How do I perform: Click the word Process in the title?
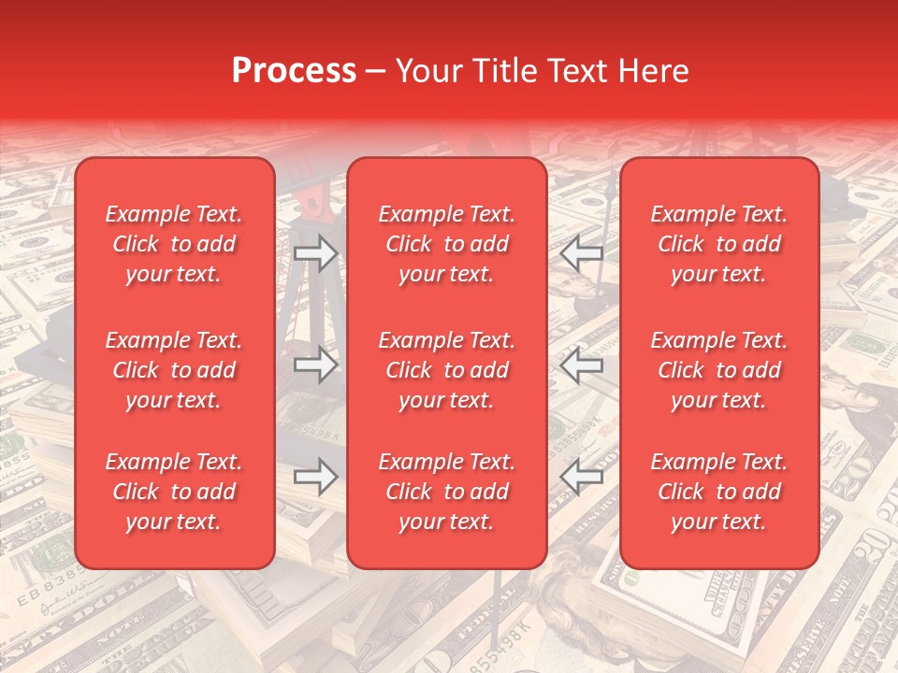[294, 71]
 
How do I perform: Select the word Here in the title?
[653, 71]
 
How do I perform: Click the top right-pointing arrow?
[315, 253]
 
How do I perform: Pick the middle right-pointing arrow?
[315, 365]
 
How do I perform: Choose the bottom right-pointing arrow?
[315, 477]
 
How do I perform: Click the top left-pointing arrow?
[582, 253]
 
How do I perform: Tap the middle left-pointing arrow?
[582, 365]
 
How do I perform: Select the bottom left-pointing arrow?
[582, 477]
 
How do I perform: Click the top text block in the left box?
[174, 244]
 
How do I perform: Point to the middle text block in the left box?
[174, 370]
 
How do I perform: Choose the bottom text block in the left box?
[174, 492]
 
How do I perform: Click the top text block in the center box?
[447, 244]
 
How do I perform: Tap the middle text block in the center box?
[447, 370]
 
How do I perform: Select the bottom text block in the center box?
[447, 492]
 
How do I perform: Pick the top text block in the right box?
[719, 244]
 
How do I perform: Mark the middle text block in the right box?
[719, 370]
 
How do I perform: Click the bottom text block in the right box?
[719, 492]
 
